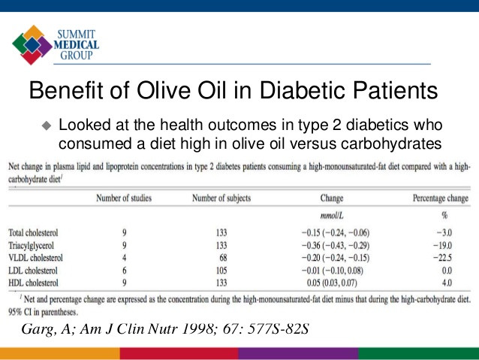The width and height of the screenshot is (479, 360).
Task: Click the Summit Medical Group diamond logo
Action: tap(32, 44)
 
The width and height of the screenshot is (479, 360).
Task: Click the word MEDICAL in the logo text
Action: tap(77, 45)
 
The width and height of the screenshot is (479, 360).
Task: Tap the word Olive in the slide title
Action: tap(163, 90)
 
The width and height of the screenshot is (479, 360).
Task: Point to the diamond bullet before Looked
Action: tap(47, 126)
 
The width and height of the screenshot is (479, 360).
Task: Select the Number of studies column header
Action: tap(124, 198)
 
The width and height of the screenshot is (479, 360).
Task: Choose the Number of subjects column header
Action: tap(221, 198)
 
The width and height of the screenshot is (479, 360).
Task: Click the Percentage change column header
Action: tap(441, 198)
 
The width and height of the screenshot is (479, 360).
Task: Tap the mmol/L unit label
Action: tap(332, 216)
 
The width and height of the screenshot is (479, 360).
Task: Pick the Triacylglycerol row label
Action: tap(32, 246)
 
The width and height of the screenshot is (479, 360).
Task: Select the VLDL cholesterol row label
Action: tap(35, 258)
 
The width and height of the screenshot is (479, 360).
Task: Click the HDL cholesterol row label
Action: tap(33, 283)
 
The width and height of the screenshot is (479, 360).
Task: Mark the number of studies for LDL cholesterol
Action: tap(125, 271)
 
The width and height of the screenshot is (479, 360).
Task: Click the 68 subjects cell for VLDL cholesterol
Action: tap(223, 258)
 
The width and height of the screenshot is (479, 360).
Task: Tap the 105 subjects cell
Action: tap(221, 271)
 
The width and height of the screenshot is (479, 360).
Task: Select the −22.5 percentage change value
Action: tap(442, 258)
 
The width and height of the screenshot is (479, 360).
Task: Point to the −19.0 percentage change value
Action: tap(442, 246)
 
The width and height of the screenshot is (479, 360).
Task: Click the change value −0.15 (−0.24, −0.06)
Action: tap(336, 233)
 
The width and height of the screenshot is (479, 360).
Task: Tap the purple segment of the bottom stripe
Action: tap(298, 353)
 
